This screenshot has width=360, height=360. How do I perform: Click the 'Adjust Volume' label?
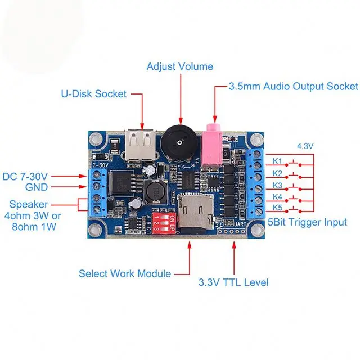(x=180, y=66)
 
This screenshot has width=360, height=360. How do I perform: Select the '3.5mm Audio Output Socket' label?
(x=292, y=87)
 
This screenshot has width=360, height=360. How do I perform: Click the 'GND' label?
(x=37, y=187)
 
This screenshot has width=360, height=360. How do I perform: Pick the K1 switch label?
(x=277, y=160)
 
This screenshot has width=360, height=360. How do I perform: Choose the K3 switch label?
(x=277, y=185)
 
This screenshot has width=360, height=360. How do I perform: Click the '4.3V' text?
(x=305, y=147)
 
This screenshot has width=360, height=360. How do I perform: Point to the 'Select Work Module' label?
(x=125, y=274)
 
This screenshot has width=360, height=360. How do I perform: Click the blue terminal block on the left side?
(x=97, y=192)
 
